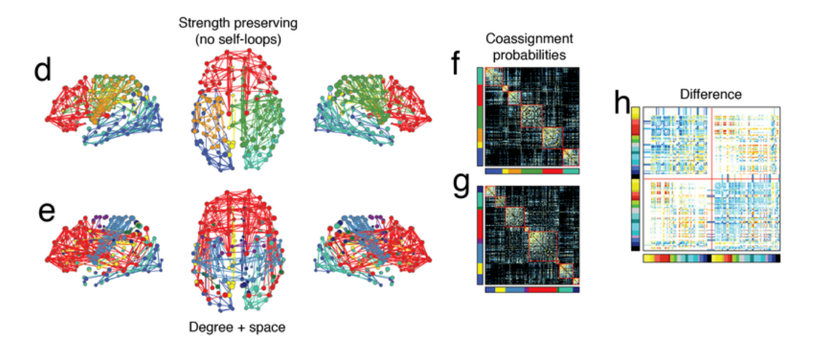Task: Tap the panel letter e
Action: [x=47, y=213]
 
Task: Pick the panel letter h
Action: [x=622, y=105]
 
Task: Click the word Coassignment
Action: [x=529, y=39]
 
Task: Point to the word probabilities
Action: [x=529, y=55]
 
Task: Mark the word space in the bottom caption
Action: [x=269, y=327]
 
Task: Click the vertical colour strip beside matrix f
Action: [x=480, y=117]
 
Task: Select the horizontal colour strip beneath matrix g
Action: [x=531, y=289]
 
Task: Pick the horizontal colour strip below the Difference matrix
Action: [x=711, y=258]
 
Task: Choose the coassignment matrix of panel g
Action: [x=532, y=236]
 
